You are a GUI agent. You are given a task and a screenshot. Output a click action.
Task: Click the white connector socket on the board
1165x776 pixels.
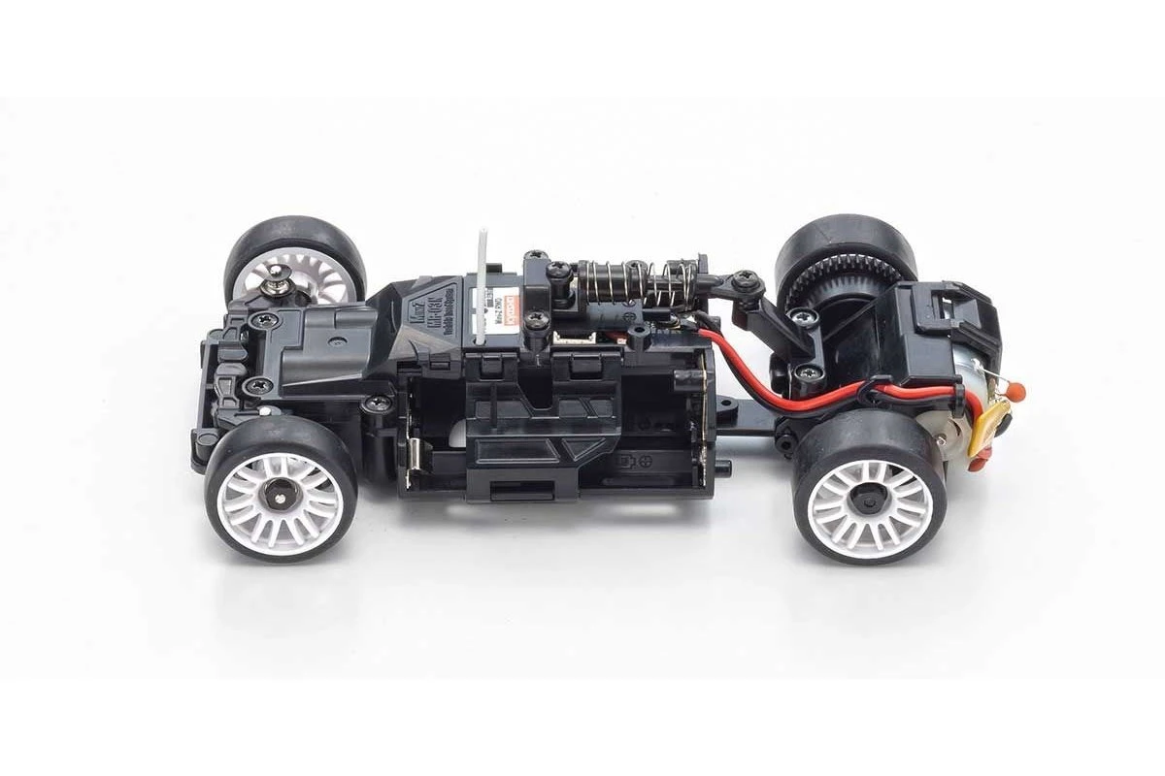(565, 337)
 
